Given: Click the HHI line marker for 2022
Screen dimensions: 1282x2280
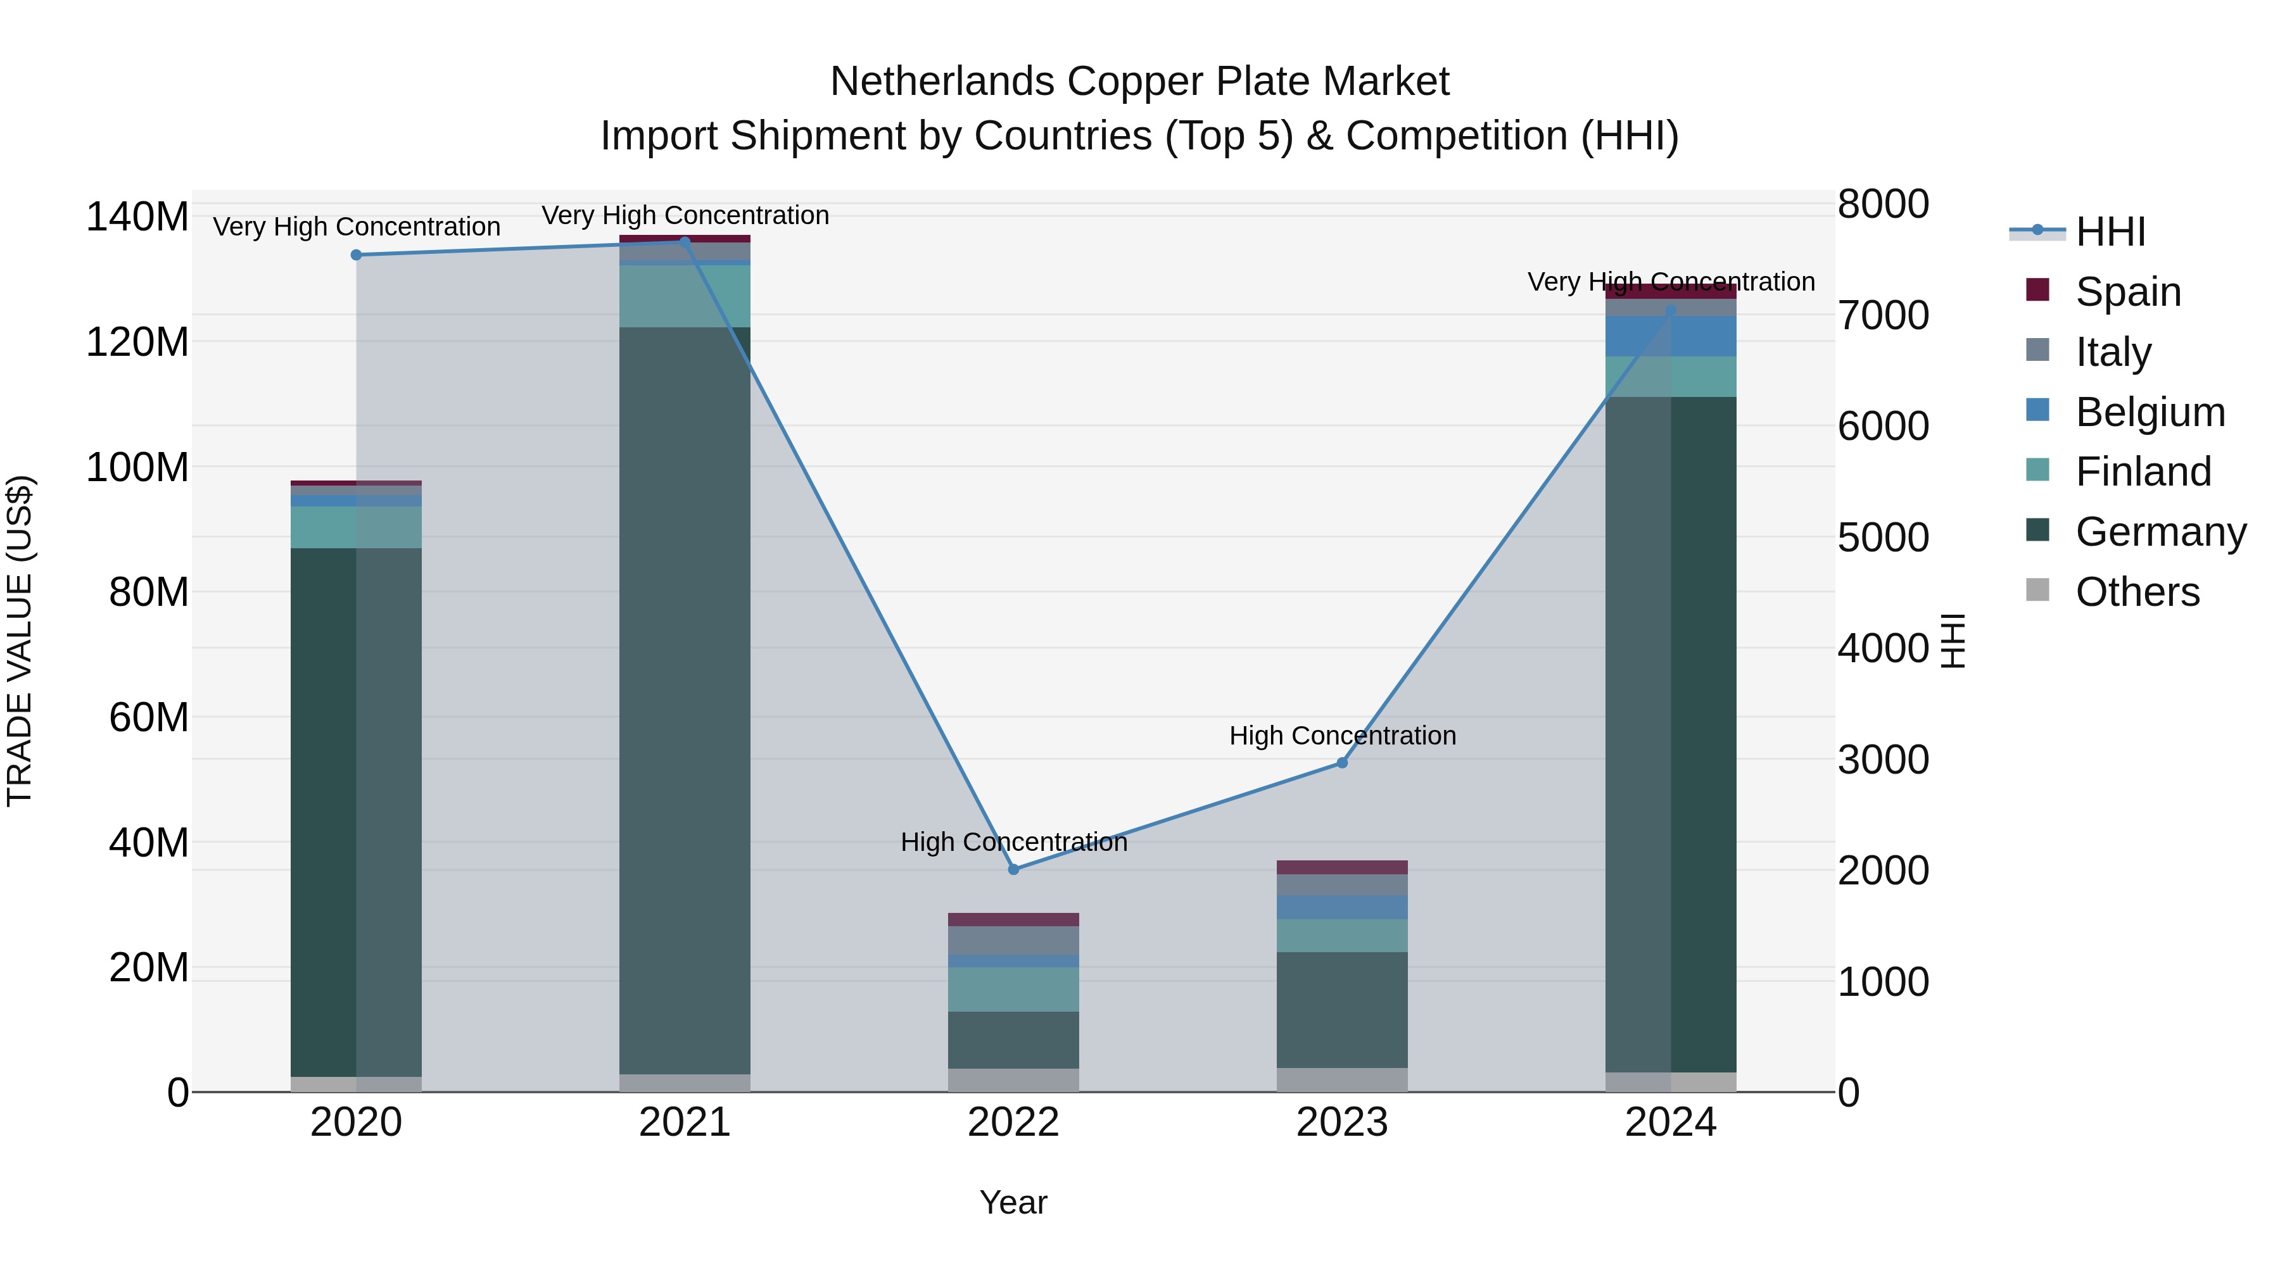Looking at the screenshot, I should click(1013, 869).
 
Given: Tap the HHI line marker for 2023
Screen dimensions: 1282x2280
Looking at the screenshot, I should click(1342, 763).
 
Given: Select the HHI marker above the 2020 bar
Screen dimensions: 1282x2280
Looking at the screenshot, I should click(356, 255).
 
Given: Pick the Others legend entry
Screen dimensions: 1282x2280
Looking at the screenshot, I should click(2137, 592).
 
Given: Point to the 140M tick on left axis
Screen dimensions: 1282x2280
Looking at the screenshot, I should click(137, 217).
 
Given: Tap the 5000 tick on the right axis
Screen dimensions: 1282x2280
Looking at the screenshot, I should click(1883, 537).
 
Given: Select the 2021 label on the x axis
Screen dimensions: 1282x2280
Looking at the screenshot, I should click(684, 1122).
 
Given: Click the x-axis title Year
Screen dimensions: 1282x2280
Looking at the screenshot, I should click(1013, 1202).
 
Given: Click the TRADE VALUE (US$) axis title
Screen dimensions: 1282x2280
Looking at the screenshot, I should click(20, 641).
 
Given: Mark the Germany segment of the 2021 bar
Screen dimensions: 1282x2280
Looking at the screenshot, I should click(684, 699).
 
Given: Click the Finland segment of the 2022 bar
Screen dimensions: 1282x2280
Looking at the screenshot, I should click(1013, 989).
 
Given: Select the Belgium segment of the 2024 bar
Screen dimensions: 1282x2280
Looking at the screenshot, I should click(1670, 336).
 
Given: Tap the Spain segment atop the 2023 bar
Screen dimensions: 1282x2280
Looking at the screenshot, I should click(1342, 867).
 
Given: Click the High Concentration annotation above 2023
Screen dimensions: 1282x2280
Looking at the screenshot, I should click(1342, 735).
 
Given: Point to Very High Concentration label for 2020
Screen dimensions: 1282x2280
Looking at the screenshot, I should click(356, 227).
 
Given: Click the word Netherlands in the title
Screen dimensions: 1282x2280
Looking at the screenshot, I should click(942, 82).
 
